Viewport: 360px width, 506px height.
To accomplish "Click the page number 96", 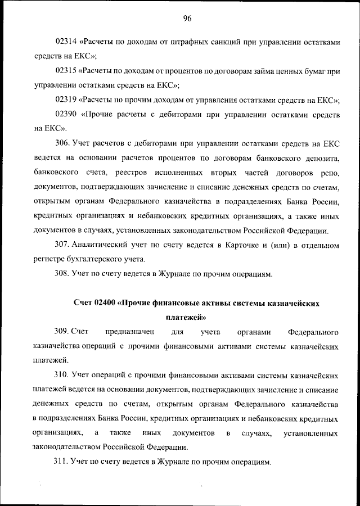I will (187, 19).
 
